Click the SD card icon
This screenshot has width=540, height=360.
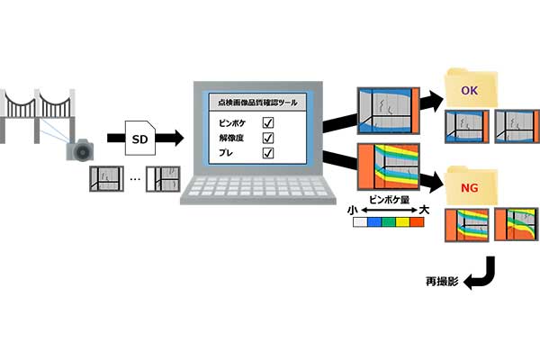(139, 138)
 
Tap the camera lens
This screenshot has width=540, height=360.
(83, 151)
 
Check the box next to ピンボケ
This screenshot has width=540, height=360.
(268, 122)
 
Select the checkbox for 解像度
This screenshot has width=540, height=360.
(268, 138)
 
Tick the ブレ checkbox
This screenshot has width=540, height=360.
(268, 153)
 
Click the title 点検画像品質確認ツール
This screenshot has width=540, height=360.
(257, 103)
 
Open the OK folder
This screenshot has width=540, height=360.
(471, 88)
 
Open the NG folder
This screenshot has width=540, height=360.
(471, 186)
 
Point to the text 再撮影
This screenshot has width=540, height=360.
(442, 282)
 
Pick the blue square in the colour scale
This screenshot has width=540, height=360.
(374, 222)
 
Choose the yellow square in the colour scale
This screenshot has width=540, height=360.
(402, 222)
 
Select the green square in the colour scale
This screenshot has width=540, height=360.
(389, 222)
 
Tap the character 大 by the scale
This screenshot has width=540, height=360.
(424, 210)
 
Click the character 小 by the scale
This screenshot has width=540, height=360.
(352, 210)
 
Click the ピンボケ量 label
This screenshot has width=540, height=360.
(389, 200)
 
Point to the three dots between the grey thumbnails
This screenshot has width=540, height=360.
(135, 179)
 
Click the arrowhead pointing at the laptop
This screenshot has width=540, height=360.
(179, 138)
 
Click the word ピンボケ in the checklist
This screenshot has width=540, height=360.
(232, 123)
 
